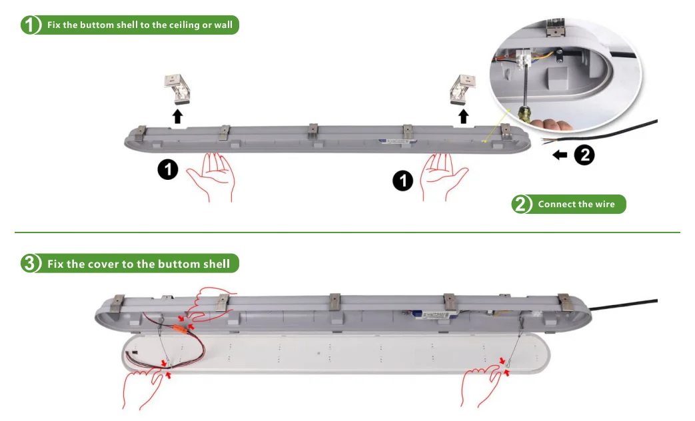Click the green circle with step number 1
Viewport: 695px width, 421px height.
(x=31, y=25)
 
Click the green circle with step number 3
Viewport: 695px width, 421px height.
(x=31, y=264)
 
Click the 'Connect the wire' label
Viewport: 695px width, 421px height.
(x=576, y=204)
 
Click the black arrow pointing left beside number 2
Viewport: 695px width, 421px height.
(x=560, y=155)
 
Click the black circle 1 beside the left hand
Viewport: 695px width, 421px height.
(x=168, y=170)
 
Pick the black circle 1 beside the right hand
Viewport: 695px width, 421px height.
(x=402, y=180)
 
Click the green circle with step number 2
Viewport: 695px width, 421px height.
(x=522, y=204)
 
